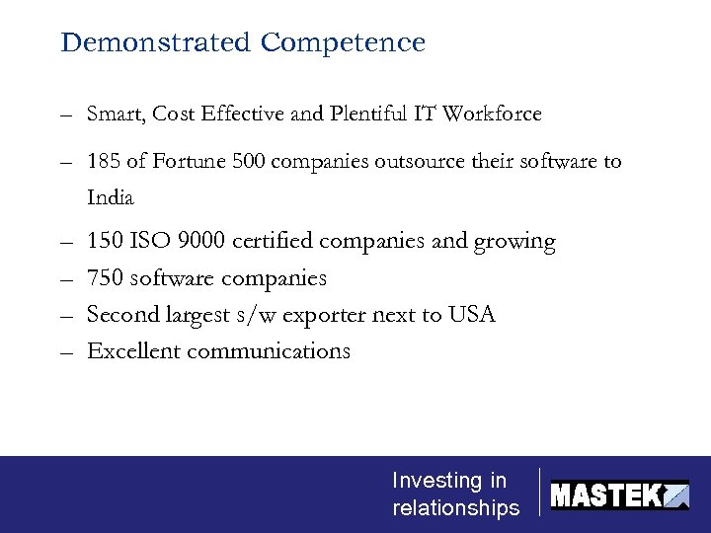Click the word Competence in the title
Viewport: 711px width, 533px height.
pyautogui.click(x=344, y=43)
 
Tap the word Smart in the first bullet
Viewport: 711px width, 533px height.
pyautogui.click(x=116, y=114)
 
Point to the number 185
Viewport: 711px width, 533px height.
pyautogui.click(x=105, y=161)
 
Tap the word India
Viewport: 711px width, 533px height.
pyautogui.click(x=111, y=197)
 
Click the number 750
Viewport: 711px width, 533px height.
pyautogui.click(x=105, y=278)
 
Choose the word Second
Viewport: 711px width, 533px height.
pyautogui.click(x=121, y=315)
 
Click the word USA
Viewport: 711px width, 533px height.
pyautogui.click(x=471, y=315)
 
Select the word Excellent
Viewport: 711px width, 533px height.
pyautogui.click(x=129, y=351)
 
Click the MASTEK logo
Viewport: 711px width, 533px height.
pyautogui.click(x=619, y=494)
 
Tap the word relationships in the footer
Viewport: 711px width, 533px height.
pyautogui.click(x=455, y=508)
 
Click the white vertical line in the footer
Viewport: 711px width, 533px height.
pyautogui.click(x=540, y=492)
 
